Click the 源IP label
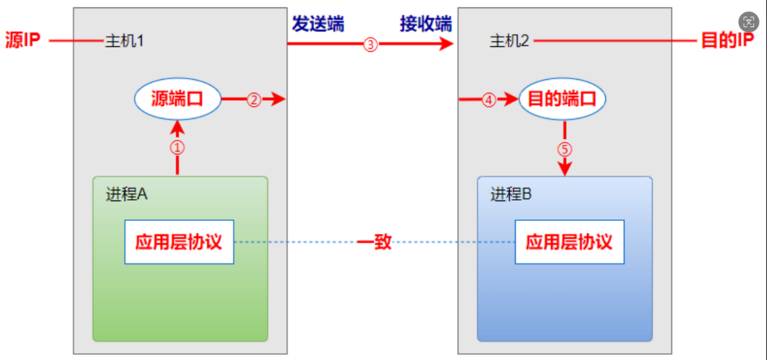[23, 41]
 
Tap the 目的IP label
[727, 41]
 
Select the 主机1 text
[124, 41]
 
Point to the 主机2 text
[509, 41]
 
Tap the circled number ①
[178, 147]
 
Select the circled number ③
[370, 45]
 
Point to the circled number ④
[489, 100]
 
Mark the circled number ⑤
[564, 149]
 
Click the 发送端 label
[318, 23]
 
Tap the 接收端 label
[425, 23]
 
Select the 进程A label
[127, 194]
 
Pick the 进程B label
[511, 194]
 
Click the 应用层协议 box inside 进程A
[179, 241]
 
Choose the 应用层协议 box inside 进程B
[569, 241]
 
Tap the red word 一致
[374, 242]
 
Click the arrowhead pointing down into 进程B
[564, 169]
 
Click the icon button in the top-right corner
[748, 22]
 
